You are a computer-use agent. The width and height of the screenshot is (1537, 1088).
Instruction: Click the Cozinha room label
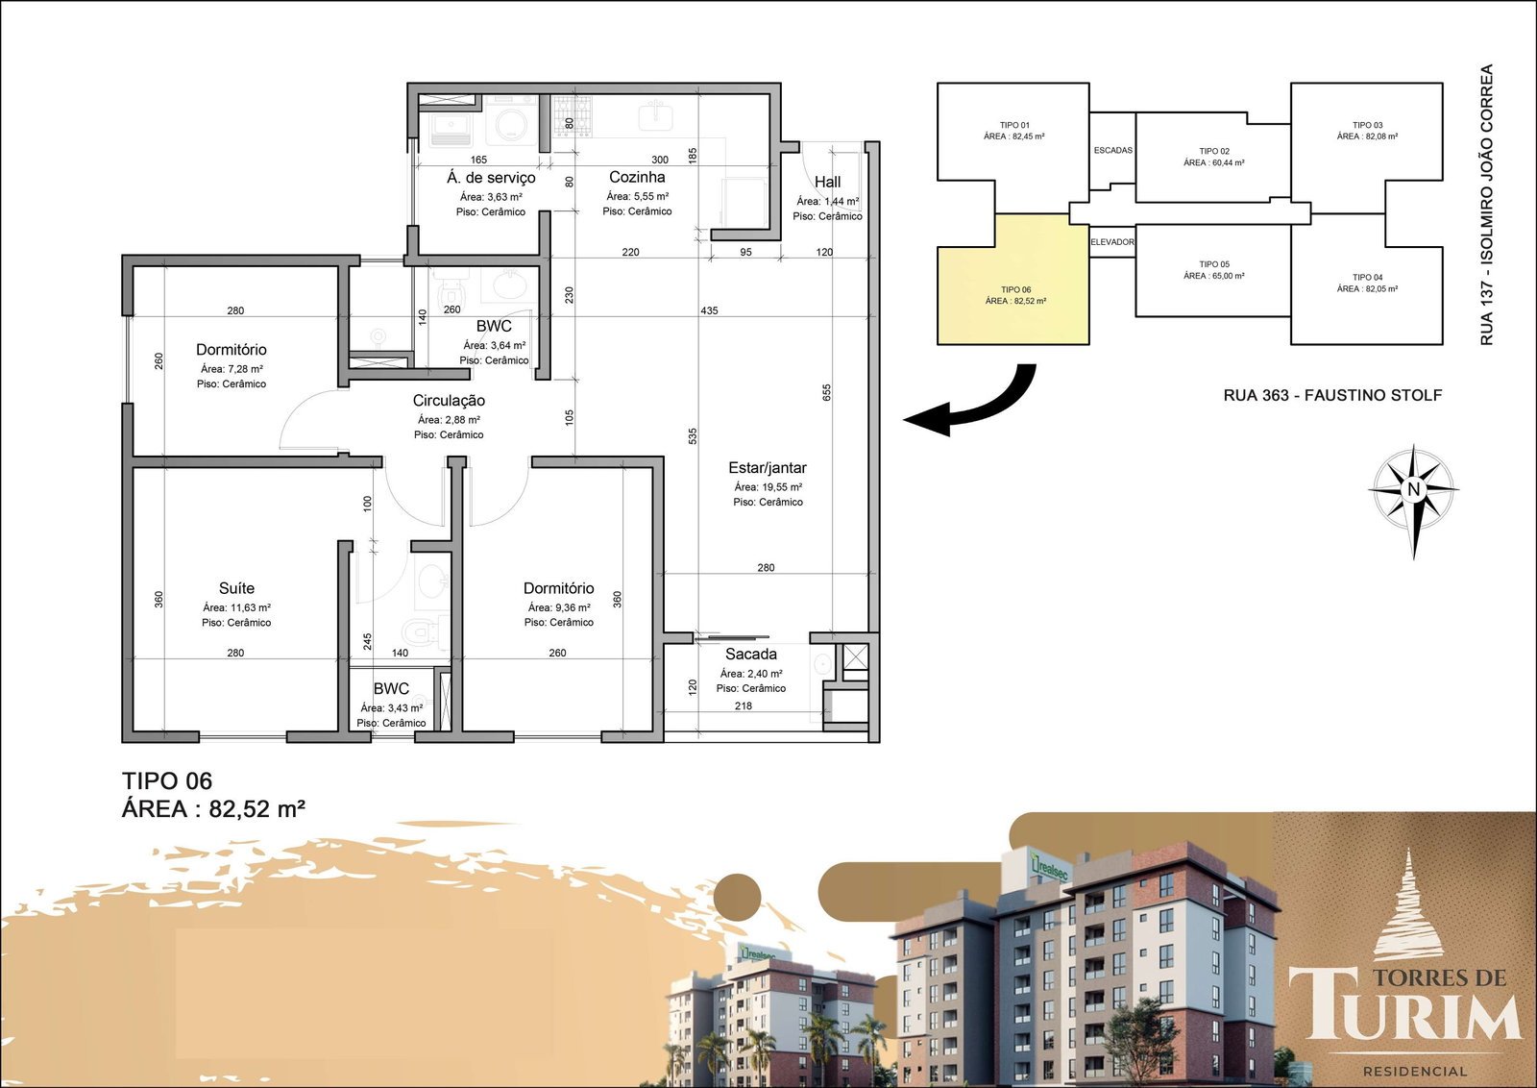click(x=637, y=177)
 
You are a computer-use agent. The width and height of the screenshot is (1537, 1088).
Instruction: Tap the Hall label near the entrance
click(x=827, y=182)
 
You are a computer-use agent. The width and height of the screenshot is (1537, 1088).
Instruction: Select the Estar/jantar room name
click(x=768, y=468)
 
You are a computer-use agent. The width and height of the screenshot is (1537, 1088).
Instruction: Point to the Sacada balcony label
click(x=750, y=655)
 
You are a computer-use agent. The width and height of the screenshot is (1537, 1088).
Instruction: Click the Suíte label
click(x=236, y=588)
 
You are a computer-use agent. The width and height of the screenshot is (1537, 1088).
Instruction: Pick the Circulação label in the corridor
click(x=449, y=401)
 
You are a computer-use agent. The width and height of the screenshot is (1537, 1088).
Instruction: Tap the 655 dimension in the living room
click(x=827, y=393)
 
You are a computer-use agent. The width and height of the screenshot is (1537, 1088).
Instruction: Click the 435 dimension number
click(x=710, y=311)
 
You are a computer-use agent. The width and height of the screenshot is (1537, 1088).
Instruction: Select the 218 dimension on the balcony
click(x=744, y=705)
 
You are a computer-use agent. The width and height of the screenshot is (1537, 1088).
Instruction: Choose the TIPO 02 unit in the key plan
click(x=1213, y=158)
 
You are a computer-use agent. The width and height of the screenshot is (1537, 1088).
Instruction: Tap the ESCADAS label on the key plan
click(x=1113, y=150)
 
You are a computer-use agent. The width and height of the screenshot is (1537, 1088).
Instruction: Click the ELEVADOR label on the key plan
click(x=1112, y=242)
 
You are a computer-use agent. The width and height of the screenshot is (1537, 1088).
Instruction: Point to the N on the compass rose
click(x=1413, y=489)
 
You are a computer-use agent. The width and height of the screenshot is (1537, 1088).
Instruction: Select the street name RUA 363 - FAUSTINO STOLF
click(x=1332, y=395)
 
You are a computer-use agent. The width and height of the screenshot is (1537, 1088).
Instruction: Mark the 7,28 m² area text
click(x=232, y=369)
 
